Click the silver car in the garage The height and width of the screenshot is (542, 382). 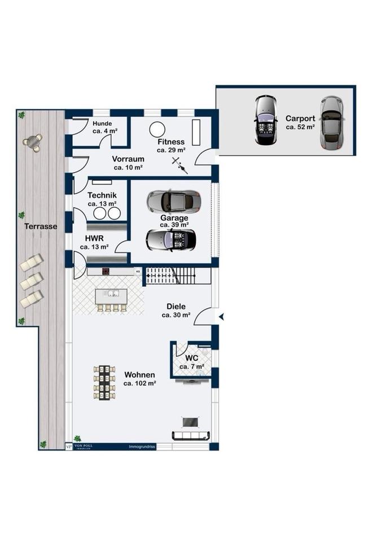point(173,200)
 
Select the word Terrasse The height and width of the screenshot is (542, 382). point(41,226)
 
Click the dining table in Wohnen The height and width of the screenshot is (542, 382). point(104,383)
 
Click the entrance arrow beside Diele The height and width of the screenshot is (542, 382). point(222,317)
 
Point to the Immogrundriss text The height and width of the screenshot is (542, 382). point(142,447)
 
